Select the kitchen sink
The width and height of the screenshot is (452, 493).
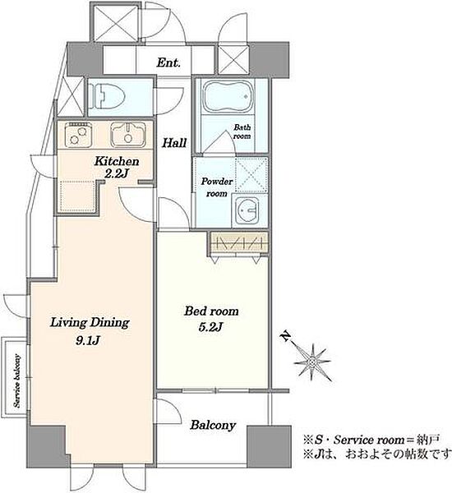pyautogui.click(x=128, y=134)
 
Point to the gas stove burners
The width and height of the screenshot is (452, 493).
pyautogui.click(x=78, y=134)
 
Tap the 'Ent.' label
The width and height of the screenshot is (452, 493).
pyautogui.click(x=168, y=62)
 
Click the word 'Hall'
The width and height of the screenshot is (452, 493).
pyautogui.click(x=174, y=143)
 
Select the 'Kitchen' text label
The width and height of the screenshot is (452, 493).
pyautogui.click(x=117, y=161)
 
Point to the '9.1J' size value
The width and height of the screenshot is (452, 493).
pyautogui.click(x=88, y=340)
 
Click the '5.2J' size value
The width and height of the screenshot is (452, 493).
pyautogui.click(x=210, y=327)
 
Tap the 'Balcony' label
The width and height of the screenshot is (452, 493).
pyautogui.click(x=213, y=425)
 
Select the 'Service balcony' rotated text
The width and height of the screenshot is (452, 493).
pyautogui.click(x=17, y=381)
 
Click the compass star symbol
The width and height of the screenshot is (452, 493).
pyautogui.click(x=312, y=362)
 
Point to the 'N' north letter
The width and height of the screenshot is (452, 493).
pyautogui.click(x=286, y=336)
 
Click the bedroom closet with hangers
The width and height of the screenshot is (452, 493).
pyautogui.click(x=238, y=242)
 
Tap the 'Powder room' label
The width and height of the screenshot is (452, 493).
pyautogui.click(x=217, y=187)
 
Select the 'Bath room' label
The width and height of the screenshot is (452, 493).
pyautogui.click(x=242, y=131)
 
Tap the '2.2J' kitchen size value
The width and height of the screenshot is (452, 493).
pyautogui.click(x=116, y=174)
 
